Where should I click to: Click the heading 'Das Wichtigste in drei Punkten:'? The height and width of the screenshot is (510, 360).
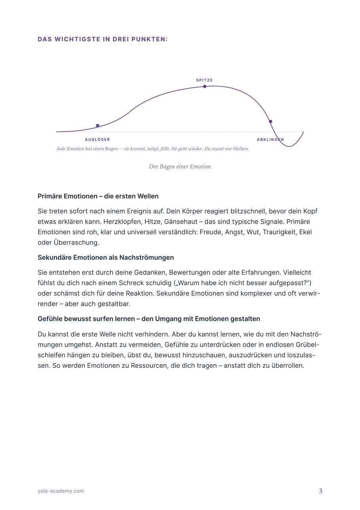coord(103,40)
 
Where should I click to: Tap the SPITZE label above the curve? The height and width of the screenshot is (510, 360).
coord(204,80)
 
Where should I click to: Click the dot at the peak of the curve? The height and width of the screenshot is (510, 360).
coord(205,86)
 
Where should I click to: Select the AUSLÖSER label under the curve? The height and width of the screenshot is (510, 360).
coord(97,139)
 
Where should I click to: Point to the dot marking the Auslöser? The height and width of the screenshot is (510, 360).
coord(98,126)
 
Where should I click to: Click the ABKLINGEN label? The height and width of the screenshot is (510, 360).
coord(270,139)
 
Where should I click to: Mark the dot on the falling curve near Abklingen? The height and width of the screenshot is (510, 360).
coord(270,121)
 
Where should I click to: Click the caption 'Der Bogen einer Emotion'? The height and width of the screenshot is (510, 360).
coord(180,167)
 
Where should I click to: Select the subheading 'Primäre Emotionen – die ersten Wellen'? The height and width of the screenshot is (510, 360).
coord(98,196)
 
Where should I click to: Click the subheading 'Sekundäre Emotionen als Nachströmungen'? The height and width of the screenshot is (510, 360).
coord(106,258)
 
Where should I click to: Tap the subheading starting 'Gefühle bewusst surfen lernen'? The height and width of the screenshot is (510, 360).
coord(149,319)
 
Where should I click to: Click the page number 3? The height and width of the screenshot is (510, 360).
coord(320,491)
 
